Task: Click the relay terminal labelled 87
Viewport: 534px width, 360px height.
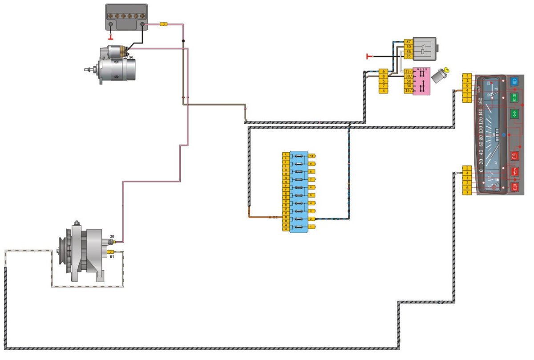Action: tap(409, 41)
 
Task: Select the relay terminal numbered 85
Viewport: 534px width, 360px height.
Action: tap(409, 57)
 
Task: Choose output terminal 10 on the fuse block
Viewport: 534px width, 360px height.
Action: tap(312, 156)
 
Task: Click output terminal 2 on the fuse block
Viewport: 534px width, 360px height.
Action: tap(312, 219)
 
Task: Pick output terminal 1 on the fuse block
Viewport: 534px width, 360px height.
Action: tap(312, 227)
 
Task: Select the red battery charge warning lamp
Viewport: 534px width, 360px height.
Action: tap(515, 156)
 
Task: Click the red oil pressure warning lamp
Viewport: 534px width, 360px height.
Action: tap(515, 171)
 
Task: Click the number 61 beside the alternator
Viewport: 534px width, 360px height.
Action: tap(112, 257)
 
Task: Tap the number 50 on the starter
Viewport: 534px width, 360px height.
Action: tap(131, 57)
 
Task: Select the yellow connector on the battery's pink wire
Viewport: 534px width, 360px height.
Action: tap(163, 24)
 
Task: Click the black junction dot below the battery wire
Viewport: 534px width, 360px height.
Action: tap(183, 41)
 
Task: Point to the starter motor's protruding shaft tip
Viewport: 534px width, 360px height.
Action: tap(86, 69)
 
